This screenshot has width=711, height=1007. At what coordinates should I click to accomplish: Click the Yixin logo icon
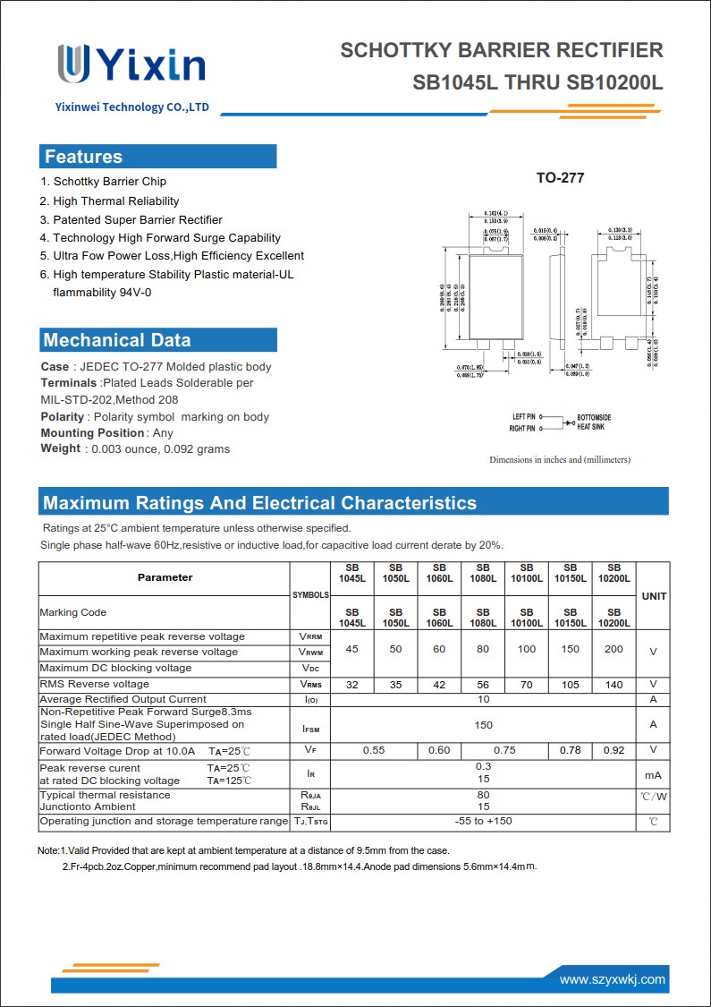(73, 64)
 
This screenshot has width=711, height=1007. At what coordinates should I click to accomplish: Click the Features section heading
(83, 157)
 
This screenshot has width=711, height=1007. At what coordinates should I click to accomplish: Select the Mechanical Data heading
(116, 340)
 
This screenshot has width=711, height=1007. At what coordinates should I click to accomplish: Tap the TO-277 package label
(560, 178)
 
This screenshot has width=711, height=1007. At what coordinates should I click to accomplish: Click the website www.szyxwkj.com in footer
(613, 980)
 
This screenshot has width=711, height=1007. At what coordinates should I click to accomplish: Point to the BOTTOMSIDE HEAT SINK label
(594, 422)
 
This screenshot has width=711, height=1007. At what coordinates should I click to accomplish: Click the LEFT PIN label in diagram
(523, 417)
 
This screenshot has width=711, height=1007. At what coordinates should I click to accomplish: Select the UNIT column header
(653, 596)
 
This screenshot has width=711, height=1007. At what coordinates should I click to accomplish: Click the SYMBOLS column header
(310, 595)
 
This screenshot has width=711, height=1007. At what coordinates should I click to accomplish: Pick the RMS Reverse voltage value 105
(570, 685)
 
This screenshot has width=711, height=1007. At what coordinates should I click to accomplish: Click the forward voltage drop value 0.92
(614, 750)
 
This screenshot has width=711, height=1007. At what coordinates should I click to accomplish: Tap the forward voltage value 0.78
(570, 750)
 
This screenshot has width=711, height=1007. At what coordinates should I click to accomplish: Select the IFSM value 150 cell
(483, 724)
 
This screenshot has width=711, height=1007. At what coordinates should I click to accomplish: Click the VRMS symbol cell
(310, 685)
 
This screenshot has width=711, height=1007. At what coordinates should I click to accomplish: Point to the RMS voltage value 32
(352, 685)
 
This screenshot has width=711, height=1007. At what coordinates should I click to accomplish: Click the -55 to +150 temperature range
(483, 821)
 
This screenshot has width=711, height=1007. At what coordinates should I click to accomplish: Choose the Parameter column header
(165, 577)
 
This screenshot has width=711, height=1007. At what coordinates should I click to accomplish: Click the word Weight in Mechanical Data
(60, 448)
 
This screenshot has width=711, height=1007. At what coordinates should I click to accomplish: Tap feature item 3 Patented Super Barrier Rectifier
(137, 219)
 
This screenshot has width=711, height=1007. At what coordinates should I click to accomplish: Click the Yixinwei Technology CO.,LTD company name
(131, 107)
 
